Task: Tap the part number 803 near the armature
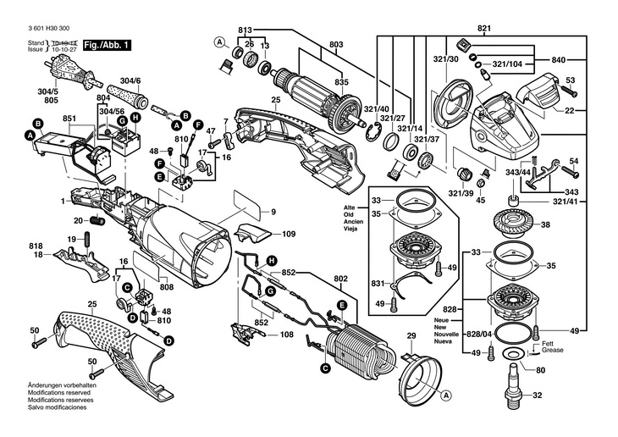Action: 336,44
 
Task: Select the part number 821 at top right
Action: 484,29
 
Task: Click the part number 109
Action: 289,233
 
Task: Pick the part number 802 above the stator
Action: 340,278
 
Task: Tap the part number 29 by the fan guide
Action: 412,338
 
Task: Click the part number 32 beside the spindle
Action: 536,395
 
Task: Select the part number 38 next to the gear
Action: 545,225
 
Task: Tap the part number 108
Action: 287,335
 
